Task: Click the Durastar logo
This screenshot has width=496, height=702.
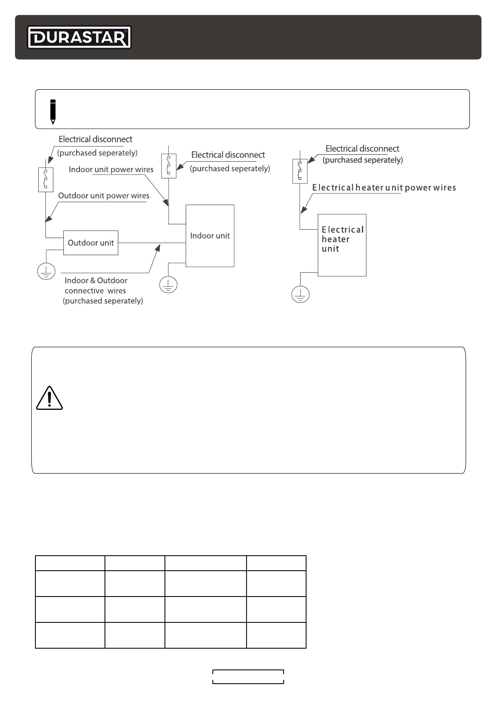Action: [79, 38]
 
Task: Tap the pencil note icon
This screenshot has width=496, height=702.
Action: [52, 111]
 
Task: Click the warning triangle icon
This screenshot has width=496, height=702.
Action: [49, 398]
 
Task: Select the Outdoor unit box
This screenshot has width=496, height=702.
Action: [91, 243]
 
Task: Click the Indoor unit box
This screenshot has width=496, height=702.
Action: [210, 236]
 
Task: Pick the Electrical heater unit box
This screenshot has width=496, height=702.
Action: [342, 245]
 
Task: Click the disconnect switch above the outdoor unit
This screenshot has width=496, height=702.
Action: [46, 180]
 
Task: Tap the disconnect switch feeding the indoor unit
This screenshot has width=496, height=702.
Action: [169, 166]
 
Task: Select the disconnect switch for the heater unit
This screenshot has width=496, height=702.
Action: [300, 171]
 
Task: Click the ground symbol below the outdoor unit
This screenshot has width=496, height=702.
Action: [46, 272]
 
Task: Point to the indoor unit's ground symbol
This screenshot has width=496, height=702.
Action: [168, 285]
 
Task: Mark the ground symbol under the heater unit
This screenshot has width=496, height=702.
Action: [300, 295]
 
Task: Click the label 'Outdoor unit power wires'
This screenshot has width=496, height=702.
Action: [104, 196]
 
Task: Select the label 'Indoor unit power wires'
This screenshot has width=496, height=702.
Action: [111, 170]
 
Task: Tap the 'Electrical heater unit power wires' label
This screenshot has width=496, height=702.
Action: [384, 188]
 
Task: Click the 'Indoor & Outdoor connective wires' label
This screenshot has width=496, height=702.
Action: [96, 286]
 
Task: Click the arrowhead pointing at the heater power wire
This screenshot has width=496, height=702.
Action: [304, 209]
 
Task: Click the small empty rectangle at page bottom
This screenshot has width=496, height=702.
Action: [248, 677]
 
